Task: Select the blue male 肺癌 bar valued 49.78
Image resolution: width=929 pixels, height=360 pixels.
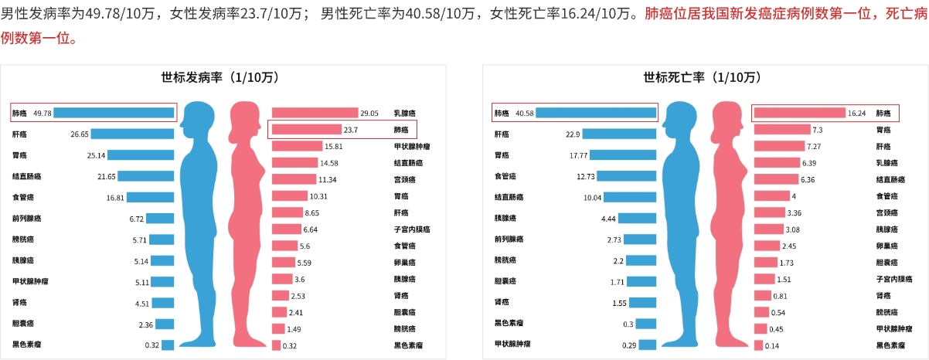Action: coord(114,113)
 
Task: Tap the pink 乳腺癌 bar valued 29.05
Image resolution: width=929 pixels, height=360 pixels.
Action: coord(315,113)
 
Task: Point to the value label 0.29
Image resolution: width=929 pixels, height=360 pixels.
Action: coord(629,345)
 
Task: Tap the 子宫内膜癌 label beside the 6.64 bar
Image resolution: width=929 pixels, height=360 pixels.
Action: coord(411,229)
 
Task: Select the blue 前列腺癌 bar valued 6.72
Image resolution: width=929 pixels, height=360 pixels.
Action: coord(160,219)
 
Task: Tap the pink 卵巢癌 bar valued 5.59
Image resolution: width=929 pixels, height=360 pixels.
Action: coord(284,263)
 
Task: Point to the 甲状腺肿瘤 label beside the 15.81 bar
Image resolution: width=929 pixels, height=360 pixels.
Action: coord(411,146)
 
